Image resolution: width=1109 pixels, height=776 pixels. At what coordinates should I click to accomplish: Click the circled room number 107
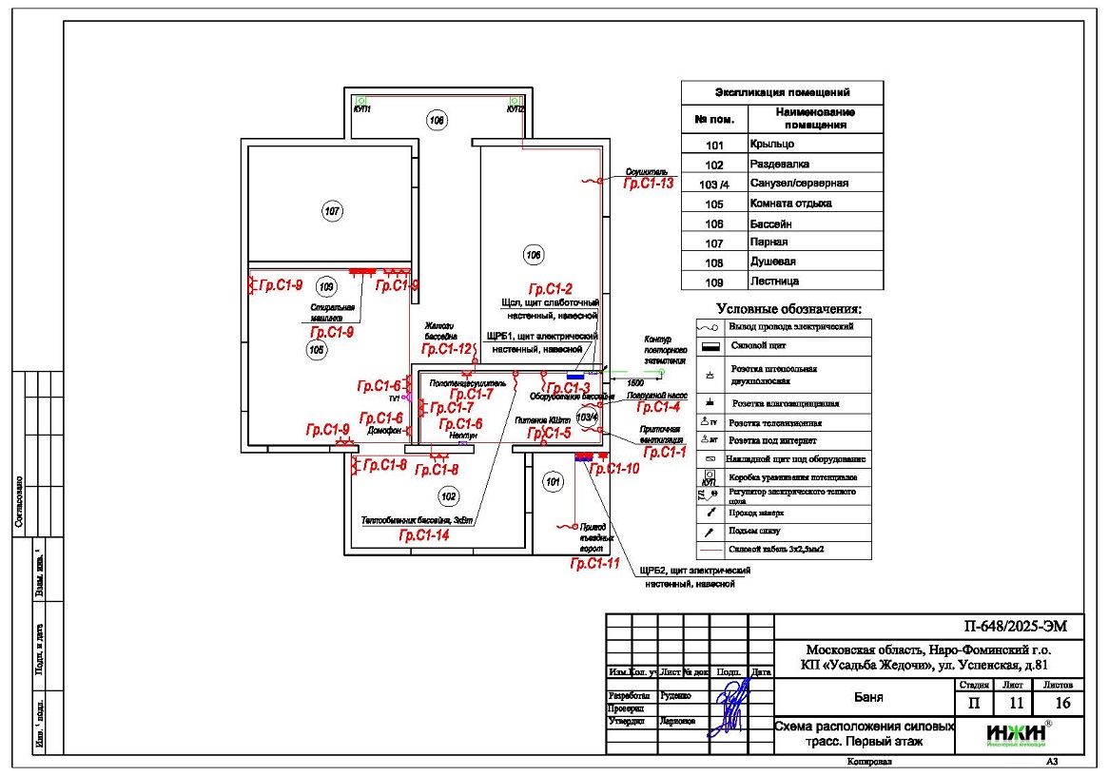pyautogui.click(x=331, y=211)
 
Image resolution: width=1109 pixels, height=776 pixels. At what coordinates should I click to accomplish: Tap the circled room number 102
pyautogui.click(x=448, y=495)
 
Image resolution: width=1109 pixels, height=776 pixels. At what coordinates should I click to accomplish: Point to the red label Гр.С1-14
pyautogui.click(x=424, y=535)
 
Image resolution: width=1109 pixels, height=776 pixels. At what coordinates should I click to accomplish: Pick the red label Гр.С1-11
pyautogui.click(x=594, y=564)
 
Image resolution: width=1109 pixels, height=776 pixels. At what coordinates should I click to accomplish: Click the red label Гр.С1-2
pyautogui.click(x=551, y=289)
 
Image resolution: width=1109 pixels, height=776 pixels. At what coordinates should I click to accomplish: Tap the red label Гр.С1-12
pyautogui.click(x=447, y=349)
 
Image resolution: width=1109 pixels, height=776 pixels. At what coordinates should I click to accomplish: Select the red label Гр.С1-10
pyautogui.click(x=615, y=469)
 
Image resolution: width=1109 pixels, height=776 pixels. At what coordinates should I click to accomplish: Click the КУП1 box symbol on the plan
pyautogui.click(x=361, y=100)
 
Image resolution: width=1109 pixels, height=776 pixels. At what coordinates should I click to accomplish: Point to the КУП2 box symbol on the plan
pyautogui.click(x=515, y=100)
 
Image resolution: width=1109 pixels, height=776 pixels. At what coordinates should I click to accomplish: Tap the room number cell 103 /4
pyautogui.click(x=715, y=184)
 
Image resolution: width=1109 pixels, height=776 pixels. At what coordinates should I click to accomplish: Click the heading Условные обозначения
pyautogui.click(x=788, y=309)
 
